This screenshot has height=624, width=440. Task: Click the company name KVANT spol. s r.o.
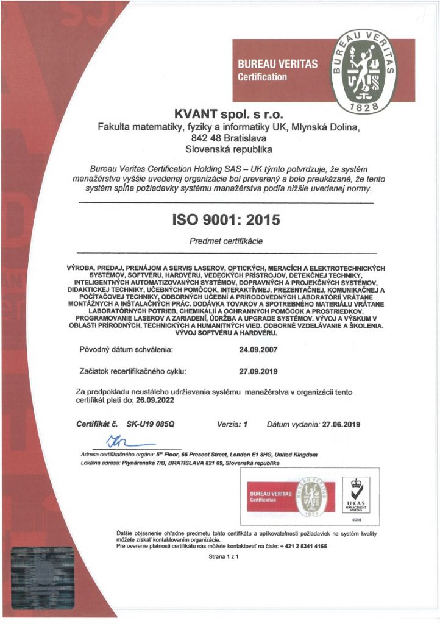229,114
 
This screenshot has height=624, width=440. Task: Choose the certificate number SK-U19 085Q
151,424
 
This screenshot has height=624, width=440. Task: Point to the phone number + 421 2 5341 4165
304,547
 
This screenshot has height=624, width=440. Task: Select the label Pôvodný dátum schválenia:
127,350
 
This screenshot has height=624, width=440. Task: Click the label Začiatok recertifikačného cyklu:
132,370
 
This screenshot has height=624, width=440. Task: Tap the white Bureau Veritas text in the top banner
277,64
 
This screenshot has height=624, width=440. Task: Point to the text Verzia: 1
233,424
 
